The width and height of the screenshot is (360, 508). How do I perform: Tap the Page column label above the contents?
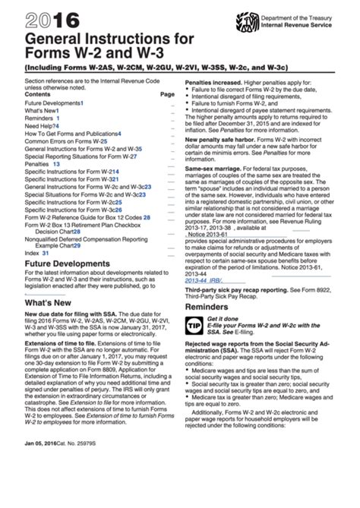167,94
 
